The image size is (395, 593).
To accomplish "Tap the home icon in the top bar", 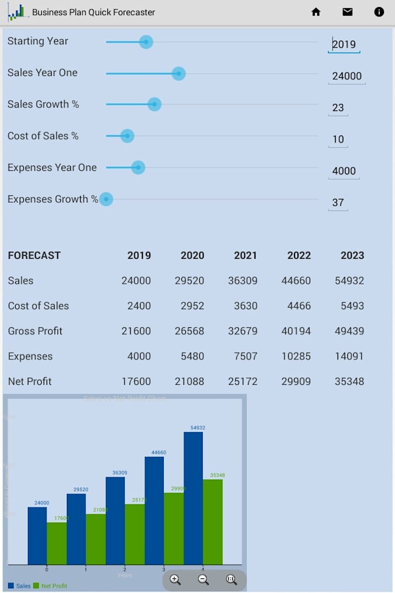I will [x=316, y=12].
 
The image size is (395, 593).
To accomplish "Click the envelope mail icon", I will [x=347, y=12].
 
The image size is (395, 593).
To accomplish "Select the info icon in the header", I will [x=379, y=12].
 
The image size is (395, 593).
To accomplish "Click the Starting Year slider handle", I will [x=146, y=42].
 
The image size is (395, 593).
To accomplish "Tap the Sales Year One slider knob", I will [x=178, y=73].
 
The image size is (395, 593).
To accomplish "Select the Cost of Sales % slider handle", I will [x=127, y=136].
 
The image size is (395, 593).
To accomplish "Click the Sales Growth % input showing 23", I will [x=338, y=108].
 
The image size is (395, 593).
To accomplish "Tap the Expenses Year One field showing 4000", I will [x=344, y=171].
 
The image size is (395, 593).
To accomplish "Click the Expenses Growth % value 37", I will [x=338, y=202].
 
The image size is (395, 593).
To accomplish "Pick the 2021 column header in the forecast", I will [x=245, y=255].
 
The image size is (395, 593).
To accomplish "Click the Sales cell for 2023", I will [x=349, y=281].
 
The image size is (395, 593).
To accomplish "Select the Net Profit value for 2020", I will [x=189, y=381].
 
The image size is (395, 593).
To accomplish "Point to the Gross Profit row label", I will [x=35, y=331].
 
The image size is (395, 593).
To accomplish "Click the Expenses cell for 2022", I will [x=296, y=356].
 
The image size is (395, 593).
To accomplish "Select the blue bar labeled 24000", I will [x=37, y=535].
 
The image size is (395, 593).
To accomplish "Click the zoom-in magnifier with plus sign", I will [x=175, y=580].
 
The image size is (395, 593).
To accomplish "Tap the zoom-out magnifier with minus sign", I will [x=203, y=580].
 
